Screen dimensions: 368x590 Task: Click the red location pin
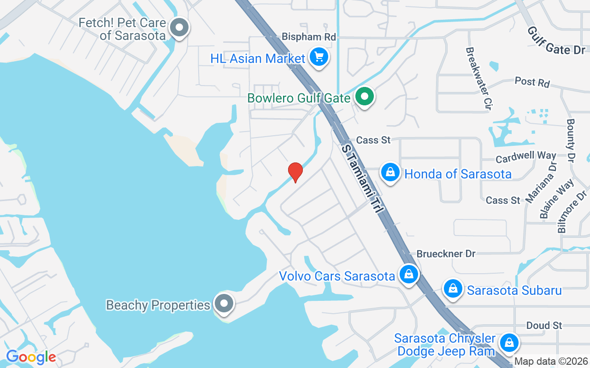295,172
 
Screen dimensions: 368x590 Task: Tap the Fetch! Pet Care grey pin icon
179,28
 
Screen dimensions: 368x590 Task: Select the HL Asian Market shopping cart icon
319,57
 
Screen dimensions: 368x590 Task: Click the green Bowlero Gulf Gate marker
365,97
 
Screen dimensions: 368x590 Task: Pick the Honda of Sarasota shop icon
390,172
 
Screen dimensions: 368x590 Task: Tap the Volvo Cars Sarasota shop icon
408,275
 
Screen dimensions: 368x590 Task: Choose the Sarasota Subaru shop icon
453,288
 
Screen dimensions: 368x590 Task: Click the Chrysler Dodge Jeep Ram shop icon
509,343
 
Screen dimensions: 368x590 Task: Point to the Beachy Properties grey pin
224,304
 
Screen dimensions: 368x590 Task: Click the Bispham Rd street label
309,36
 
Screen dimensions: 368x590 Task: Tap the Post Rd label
532,82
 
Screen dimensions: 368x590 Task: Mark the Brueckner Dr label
446,254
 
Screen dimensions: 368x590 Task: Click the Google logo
31,357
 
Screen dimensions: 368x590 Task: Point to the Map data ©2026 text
551,362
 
